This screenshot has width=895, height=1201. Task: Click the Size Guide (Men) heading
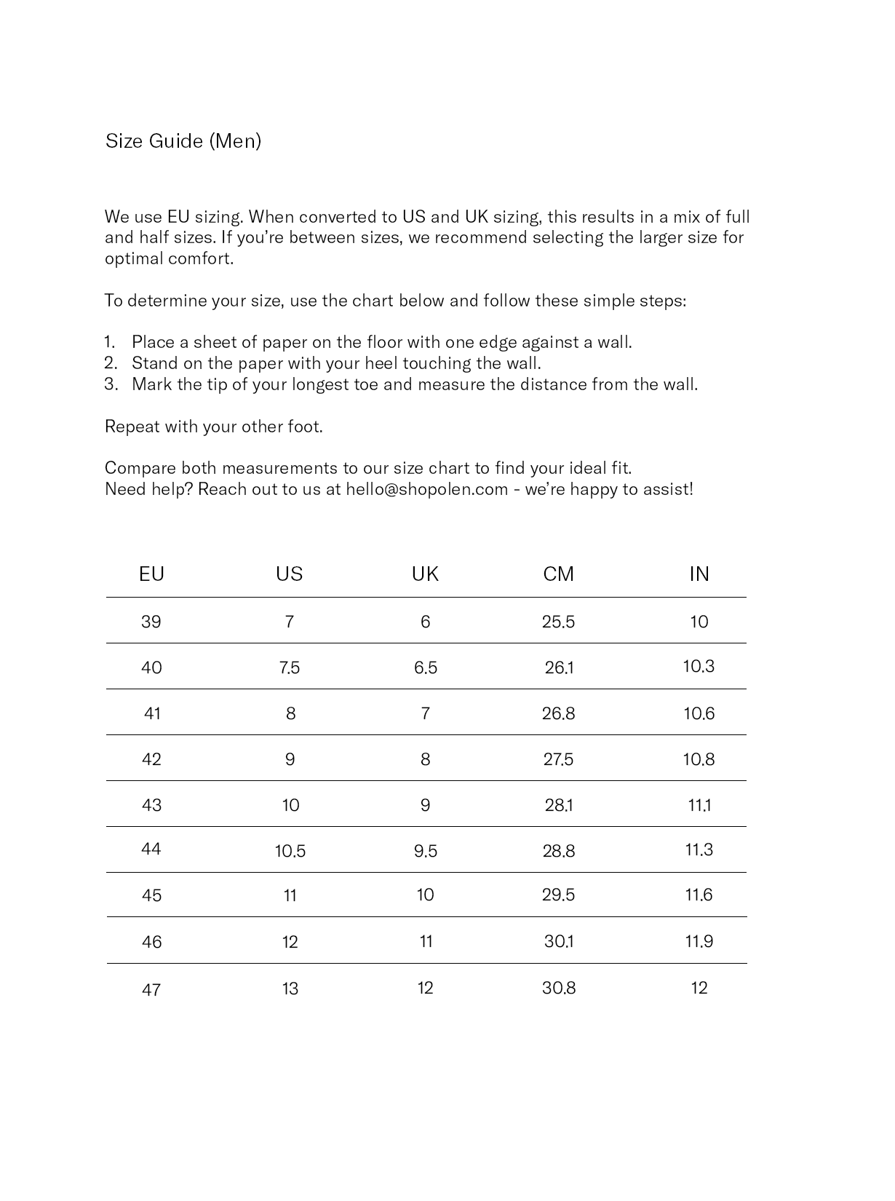(x=183, y=141)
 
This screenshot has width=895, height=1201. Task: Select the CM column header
(x=558, y=574)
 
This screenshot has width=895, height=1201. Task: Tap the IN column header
(x=699, y=574)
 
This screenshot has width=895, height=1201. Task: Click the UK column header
(x=425, y=574)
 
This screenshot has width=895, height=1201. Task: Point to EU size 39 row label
(x=151, y=622)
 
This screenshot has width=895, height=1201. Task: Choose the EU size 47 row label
(x=151, y=990)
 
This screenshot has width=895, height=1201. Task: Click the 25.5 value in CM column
(x=558, y=622)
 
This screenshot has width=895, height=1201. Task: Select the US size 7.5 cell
(x=290, y=668)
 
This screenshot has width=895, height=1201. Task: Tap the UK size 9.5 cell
(x=426, y=851)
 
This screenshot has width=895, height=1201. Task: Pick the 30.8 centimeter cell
(x=559, y=988)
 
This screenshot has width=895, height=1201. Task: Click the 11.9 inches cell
(x=699, y=942)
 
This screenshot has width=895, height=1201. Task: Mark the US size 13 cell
(x=290, y=988)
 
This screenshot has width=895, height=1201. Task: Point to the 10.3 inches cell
(x=699, y=667)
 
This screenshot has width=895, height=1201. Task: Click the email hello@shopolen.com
(x=426, y=489)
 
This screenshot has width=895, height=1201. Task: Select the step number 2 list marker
(x=111, y=363)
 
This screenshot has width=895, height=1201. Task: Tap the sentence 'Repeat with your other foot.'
(x=214, y=427)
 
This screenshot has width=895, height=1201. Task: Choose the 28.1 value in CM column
(x=559, y=806)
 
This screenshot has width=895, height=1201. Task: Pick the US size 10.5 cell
(x=290, y=851)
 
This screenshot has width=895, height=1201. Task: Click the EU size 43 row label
(x=151, y=806)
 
